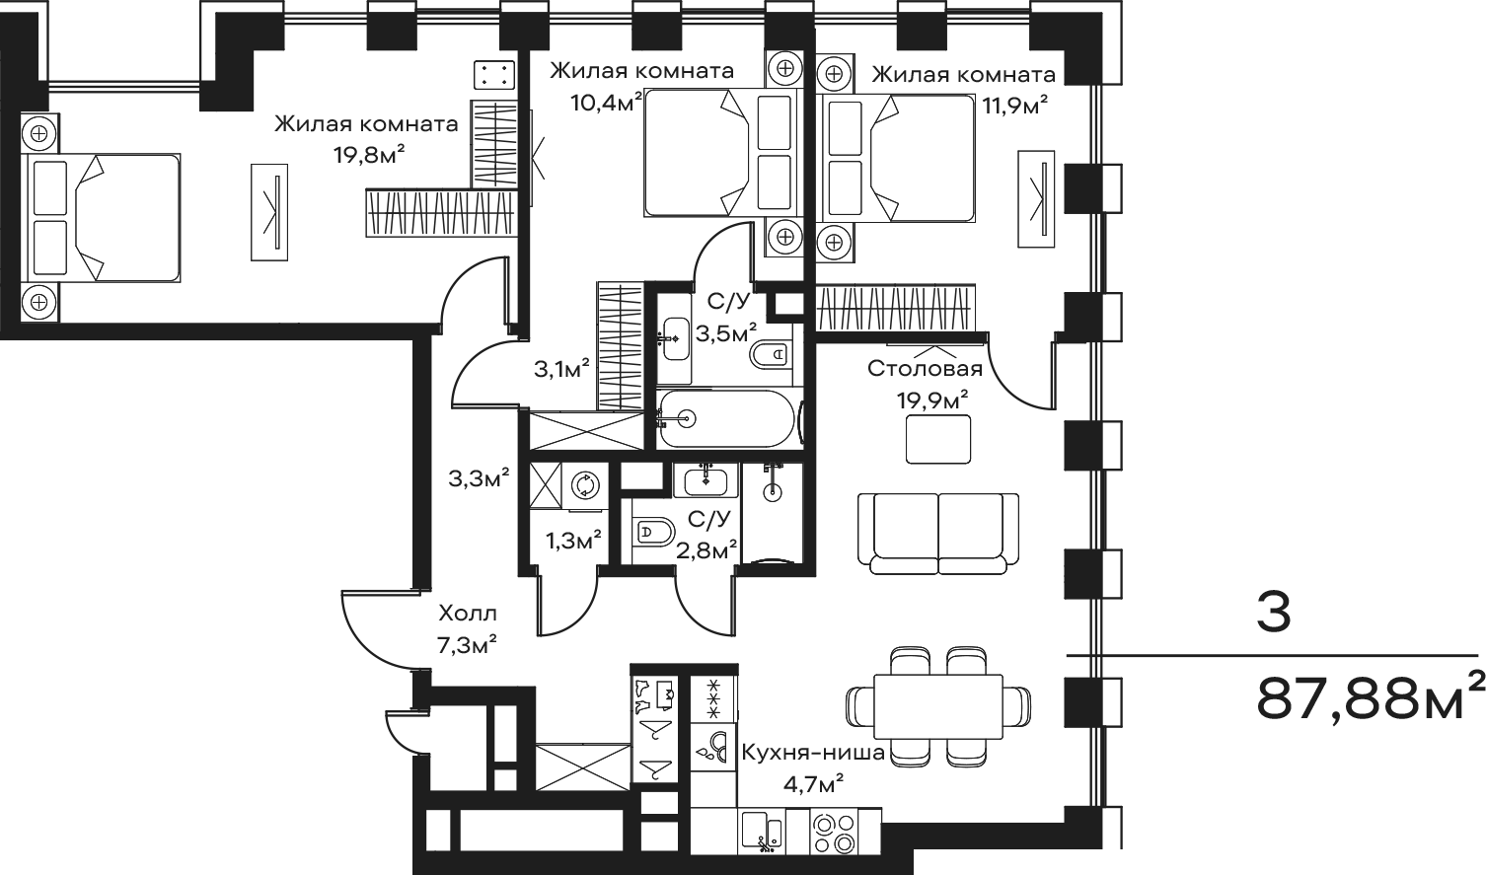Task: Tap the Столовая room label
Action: click(x=925, y=368)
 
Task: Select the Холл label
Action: click(x=468, y=614)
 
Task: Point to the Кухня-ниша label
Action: click(x=813, y=753)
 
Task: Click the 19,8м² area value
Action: click(x=369, y=155)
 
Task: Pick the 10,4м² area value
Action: click(x=607, y=102)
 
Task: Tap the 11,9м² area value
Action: click(x=1015, y=106)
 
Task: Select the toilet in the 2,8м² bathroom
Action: click(x=653, y=532)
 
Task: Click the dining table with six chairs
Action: click(x=938, y=706)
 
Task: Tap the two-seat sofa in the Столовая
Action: click(x=938, y=534)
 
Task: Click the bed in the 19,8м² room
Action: click(x=101, y=218)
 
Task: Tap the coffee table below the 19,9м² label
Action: click(x=938, y=439)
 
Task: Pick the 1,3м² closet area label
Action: click(x=574, y=541)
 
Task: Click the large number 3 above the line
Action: click(x=1274, y=613)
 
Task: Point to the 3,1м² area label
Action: click(x=561, y=369)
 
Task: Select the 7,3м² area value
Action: click(x=468, y=644)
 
